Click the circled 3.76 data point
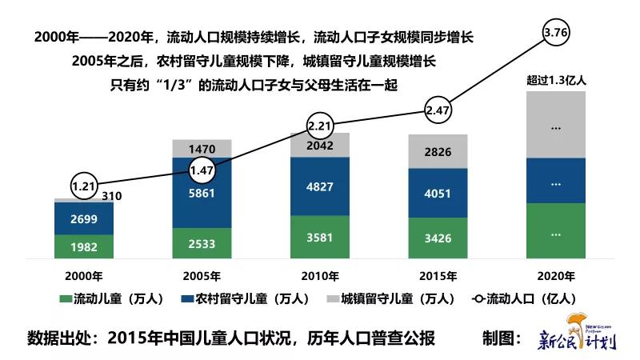(555, 32)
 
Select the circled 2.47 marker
(438, 109)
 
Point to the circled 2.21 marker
(320, 126)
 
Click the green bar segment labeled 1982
(84, 246)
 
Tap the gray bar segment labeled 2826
(438, 154)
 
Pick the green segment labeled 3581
(320, 239)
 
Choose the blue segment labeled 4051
(438, 193)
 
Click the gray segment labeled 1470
(202, 149)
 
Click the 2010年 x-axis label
(320, 276)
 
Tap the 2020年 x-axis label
(556, 276)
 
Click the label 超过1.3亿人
(555, 79)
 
